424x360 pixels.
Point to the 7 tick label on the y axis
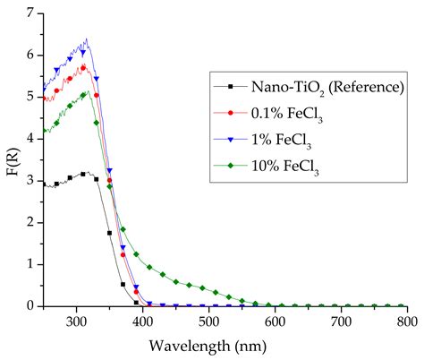(x=30, y=13)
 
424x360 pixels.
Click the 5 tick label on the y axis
(x=30, y=97)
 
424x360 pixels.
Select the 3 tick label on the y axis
(x=30, y=181)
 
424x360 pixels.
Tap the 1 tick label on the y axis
(x=30, y=264)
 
